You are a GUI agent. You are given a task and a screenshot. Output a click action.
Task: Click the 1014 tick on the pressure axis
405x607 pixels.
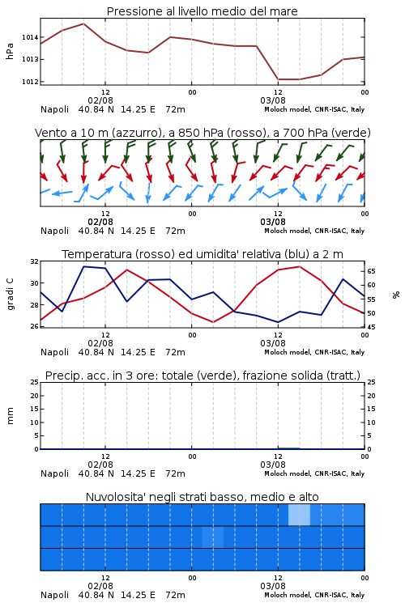(x=30, y=37)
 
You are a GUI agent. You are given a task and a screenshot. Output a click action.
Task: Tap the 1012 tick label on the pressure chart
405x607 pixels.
(x=30, y=82)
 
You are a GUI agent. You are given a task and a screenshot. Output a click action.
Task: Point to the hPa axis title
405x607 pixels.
(x=10, y=51)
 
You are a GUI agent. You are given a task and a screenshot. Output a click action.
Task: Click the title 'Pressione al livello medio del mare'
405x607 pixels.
(x=202, y=11)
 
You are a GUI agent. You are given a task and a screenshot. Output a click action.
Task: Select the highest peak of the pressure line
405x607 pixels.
(x=83, y=23)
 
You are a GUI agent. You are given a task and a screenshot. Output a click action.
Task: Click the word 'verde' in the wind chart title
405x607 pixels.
(x=352, y=133)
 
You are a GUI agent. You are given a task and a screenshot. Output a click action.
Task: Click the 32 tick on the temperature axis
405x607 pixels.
(x=35, y=261)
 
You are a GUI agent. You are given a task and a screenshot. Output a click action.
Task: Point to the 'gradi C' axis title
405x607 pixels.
(x=10, y=295)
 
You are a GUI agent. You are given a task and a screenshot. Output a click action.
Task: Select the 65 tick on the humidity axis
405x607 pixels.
(x=371, y=271)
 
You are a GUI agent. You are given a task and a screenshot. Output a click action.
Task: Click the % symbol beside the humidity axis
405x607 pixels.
(x=396, y=295)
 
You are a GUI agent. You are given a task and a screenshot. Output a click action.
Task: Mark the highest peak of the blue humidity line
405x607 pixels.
(x=83, y=266)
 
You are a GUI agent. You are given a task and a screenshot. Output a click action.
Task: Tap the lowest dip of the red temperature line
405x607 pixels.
(x=213, y=322)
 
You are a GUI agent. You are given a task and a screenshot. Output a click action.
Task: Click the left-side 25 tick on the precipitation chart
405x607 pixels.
(x=35, y=382)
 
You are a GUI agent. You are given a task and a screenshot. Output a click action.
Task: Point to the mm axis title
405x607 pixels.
(x=10, y=415)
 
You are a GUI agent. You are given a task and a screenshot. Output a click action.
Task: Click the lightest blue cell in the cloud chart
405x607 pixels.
(x=299, y=516)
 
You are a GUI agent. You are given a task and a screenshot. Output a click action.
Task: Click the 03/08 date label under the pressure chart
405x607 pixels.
(x=273, y=100)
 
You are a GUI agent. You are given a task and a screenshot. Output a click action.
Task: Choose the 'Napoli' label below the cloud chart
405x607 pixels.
(x=54, y=595)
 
